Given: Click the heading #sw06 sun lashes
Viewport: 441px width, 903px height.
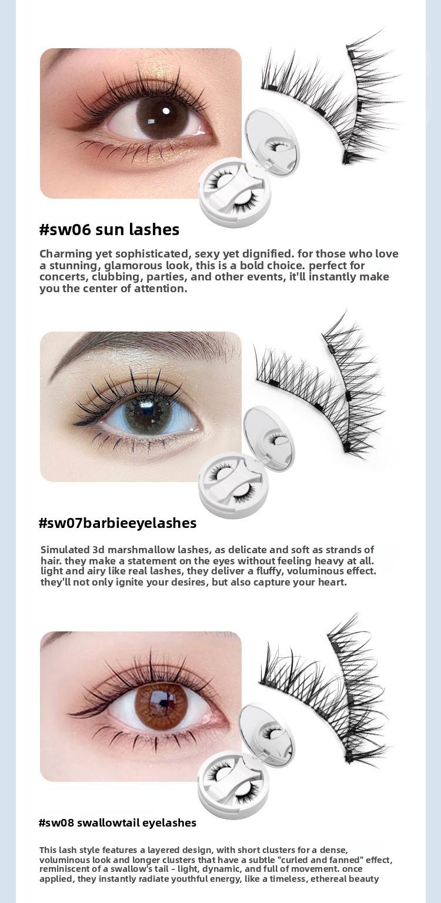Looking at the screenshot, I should pyautogui.click(x=109, y=230).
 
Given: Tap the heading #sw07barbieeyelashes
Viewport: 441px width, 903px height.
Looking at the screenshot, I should pyautogui.click(x=118, y=523).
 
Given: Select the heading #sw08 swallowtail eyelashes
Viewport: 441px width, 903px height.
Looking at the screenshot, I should pyautogui.click(x=118, y=822).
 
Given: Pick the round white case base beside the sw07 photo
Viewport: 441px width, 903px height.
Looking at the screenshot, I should pyautogui.click(x=233, y=485).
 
